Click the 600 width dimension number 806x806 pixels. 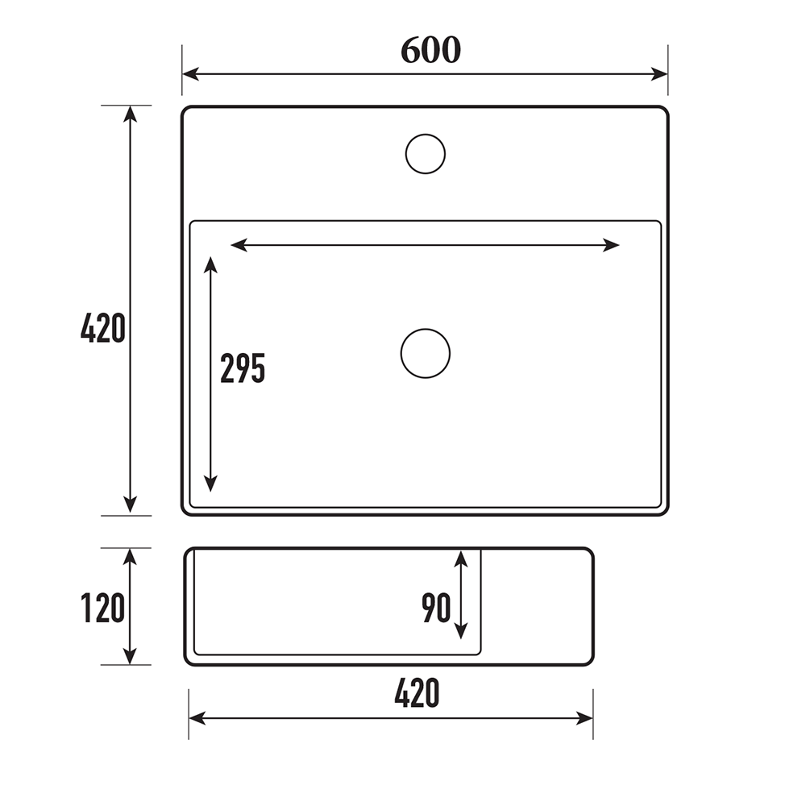430,50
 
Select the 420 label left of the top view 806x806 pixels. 103,329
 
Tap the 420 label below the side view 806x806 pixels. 417,693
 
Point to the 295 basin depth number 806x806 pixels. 243,368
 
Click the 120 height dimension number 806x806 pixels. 103,608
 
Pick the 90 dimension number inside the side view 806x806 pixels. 436,609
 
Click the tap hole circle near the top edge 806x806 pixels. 426,153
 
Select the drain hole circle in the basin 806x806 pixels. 426,353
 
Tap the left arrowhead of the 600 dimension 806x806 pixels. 190,74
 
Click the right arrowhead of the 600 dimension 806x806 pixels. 660,74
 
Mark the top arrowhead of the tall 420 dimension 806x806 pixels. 130,114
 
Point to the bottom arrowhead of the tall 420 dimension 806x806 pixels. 130,505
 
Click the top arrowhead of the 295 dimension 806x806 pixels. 210,265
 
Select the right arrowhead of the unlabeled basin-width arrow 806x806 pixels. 612,245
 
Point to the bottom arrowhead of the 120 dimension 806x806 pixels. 130,657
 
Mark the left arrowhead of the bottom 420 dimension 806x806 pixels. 197,718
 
